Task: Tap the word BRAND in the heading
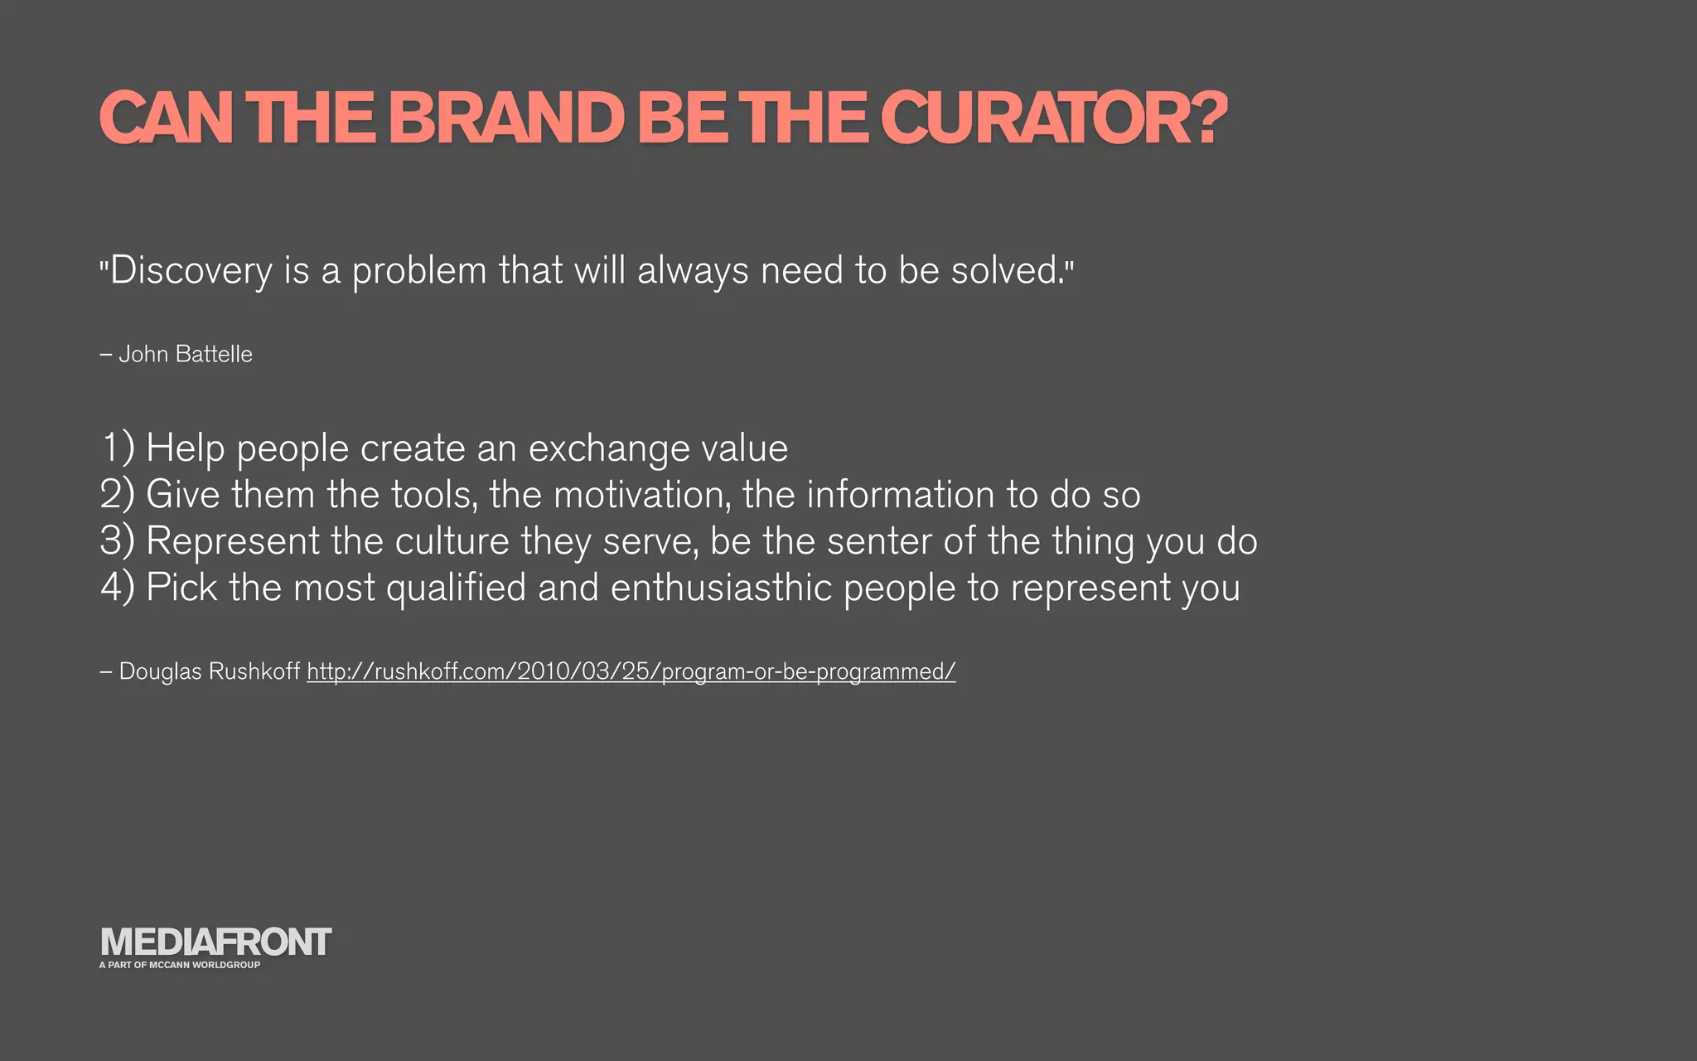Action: point(505,118)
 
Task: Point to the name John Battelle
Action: point(185,354)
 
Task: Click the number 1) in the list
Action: point(117,448)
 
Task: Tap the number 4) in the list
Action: point(117,588)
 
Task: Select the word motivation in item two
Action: point(642,495)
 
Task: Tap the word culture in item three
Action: point(452,541)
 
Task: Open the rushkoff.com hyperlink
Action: point(631,671)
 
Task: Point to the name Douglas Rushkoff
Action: point(209,671)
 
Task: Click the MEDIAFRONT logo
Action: point(215,942)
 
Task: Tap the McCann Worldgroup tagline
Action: point(180,965)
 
